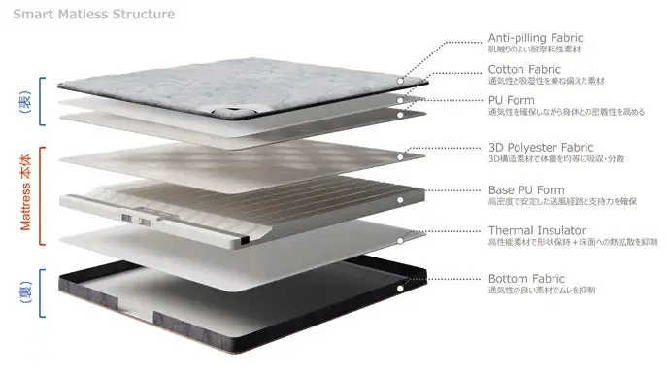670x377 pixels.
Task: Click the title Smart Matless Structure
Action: pyautogui.click(x=94, y=15)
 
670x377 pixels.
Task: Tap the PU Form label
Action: pyautogui.click(x=512, y=99)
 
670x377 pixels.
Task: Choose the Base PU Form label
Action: pyautogui.click(x=526, y=189)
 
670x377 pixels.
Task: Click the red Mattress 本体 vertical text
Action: pyautogui.click(x=26, y=191)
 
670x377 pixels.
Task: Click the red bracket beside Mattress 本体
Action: pyautogui.click(x=44, y=191)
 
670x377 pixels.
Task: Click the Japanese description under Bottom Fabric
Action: pyautogui.click(x=543, y=291)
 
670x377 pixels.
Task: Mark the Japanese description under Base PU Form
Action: pyautogui.click(x=562, y=201)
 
